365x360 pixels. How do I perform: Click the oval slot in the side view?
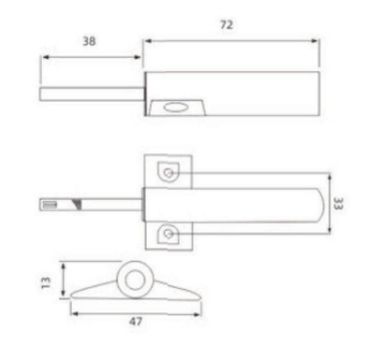pos(174,108)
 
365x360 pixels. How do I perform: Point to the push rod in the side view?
pos(89,94)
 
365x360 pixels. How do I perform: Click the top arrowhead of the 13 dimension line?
pos(63,265)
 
